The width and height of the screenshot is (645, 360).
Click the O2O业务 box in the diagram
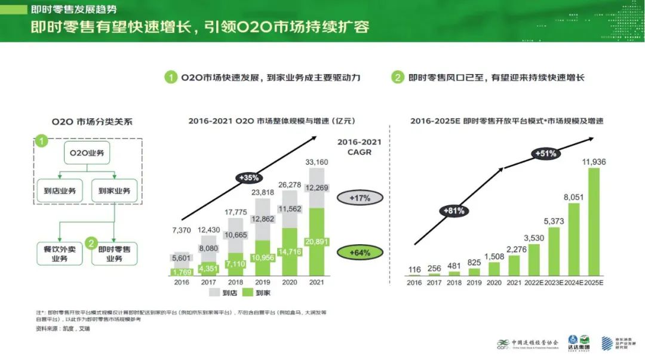[x=87, y=153]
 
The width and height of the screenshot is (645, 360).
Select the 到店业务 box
[x=59, y=191]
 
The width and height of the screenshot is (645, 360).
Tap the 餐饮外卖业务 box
[x=60, y=254]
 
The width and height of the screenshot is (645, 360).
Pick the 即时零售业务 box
[x=114, y=254]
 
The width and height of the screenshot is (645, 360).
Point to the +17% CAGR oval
[x=361, y=198]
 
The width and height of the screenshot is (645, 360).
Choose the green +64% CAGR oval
[x=361, y=253]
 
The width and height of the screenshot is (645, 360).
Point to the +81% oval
[x=453, y=210]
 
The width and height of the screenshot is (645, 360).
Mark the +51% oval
[x=545, y=153]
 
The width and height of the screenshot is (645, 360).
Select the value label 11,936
[x=594, y=162]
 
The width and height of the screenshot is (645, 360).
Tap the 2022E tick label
[x=535, y=282]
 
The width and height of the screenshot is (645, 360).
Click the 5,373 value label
[x=554, y=221]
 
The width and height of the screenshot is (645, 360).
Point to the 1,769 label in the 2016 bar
[x=182, y=272]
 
